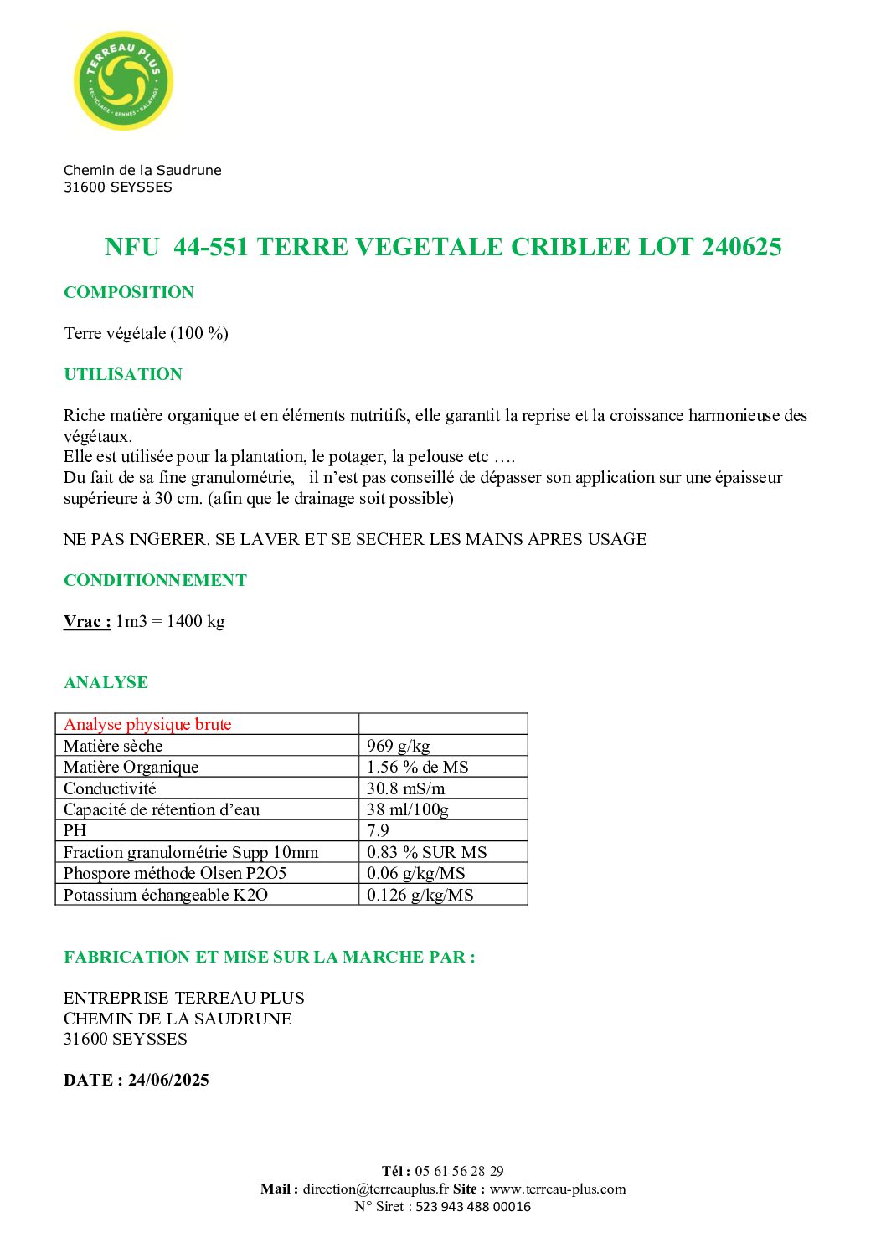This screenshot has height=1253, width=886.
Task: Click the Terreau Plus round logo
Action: pyautogui.click(x=124, y=81)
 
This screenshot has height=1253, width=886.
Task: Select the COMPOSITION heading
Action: pyautogui.click(x=129, y=292)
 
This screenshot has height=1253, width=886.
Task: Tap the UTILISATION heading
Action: pyautogui.click(x=123, y=374)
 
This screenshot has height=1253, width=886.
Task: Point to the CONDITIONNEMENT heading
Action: pyautogui.click(x=155, y=580)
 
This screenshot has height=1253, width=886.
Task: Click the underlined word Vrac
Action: pyautogui.click(x=86, y=621)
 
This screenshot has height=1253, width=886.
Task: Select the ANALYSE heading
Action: pyautogui.click(x=106, y=682)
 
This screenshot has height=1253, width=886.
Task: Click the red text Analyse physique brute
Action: pyautogui.click(x=147, y=724)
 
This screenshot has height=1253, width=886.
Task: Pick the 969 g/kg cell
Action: pyautogui.click(x=399, y=746)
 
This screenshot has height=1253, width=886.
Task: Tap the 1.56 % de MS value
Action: pyautogui.click(x=417, y=767)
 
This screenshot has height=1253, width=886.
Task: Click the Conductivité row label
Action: pyautogui.click(x=110, y=788)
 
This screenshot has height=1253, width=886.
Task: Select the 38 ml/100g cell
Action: pyautogui.click(x=408, y=809)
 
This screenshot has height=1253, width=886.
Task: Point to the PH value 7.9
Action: pyautogui.click(x=378, y=830)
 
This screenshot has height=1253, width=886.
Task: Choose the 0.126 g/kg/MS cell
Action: pyautogui.click(x=420, y=895)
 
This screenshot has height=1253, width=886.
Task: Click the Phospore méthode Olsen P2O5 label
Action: pyautogui.click(x=175, y=873)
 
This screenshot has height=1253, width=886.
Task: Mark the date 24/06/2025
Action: pyautogui.click(x=168, y=1080)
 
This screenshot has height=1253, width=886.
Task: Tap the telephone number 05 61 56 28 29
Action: pyautogui.click(x=459, y=1171)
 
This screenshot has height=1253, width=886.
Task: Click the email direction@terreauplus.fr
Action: pyautogui.click(x=376, y=1189)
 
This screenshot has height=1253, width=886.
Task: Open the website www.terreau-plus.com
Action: pyautogui.click(x=558, y=1189)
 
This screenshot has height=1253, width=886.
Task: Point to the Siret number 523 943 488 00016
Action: pyautogui.click(x=473, y=1206)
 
